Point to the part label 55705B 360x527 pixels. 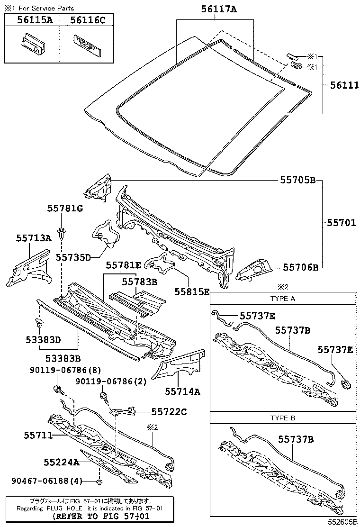(297, 181)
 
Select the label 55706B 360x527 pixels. (301, 267)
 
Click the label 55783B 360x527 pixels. (139, 281)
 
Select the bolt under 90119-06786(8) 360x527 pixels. (57, 390)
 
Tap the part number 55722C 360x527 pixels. (169, 412)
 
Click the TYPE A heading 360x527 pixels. (282, 299)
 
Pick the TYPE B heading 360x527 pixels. (282, 418)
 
